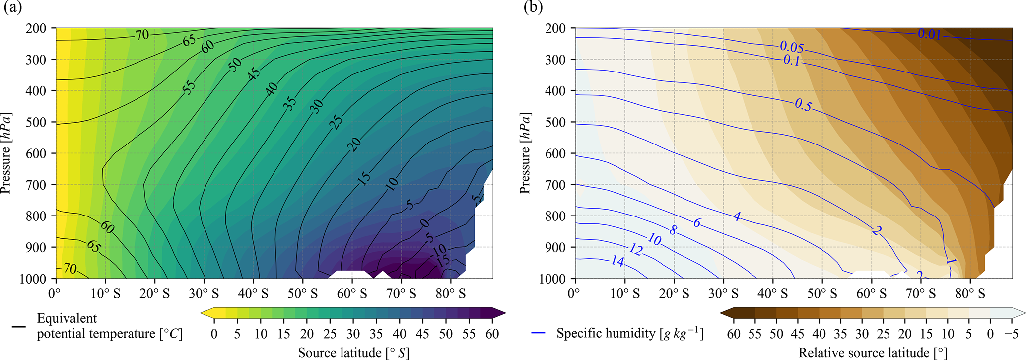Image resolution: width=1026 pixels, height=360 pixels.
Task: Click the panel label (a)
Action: click(x=13, y=8)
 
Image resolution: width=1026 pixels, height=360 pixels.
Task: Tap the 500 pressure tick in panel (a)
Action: click(x=36, y=122)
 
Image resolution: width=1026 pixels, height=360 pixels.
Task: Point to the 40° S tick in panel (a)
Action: click(x=253, y=294)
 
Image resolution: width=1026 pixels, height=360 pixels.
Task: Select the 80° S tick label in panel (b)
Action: click(x=970, y=294)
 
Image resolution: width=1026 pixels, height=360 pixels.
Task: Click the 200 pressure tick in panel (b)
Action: click(x=555, y=28)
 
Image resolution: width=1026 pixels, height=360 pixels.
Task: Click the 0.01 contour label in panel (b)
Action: click(x=929, y=34)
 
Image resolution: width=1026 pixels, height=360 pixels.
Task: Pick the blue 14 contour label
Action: click(x=617, y=261)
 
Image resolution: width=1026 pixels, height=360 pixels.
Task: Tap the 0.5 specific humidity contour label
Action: click(x=803, y=105)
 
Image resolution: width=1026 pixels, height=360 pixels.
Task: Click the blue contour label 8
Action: click(x=673, y=230)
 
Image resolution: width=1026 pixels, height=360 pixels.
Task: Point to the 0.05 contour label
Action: click(x=792, y=47)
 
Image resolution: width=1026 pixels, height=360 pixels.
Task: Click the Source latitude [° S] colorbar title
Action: click(x=353, y=353)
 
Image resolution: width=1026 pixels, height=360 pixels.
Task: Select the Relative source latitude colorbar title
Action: click(x=873, y=353)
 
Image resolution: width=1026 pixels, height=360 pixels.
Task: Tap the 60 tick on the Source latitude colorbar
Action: click(x=492, y=334)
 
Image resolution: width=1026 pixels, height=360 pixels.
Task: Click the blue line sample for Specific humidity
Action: click(x=538, y=333)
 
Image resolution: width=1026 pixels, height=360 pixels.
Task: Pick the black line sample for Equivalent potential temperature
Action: click(x=19, y=327)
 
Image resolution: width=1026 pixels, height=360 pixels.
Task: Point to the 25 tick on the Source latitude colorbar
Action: click(x=330, y=334)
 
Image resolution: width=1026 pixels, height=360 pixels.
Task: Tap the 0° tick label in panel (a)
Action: click(x=54, y=294)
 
